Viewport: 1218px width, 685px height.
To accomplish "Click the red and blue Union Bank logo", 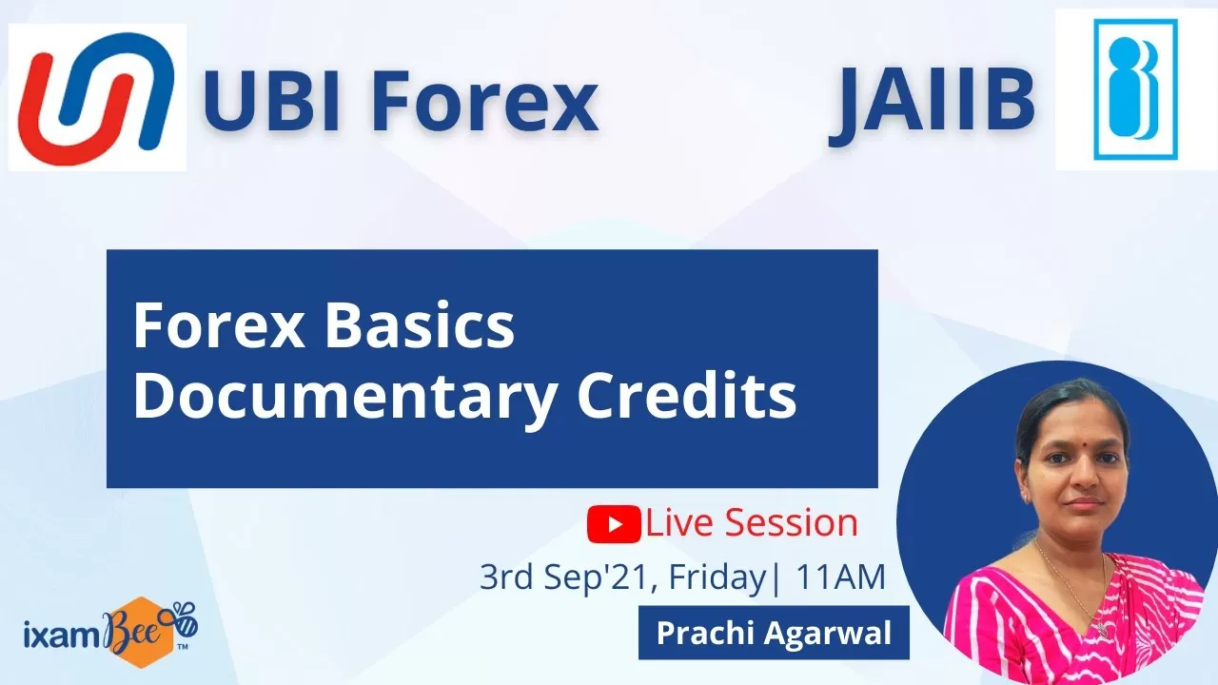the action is click(96, 98).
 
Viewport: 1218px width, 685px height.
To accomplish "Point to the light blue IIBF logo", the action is click(1135, 89).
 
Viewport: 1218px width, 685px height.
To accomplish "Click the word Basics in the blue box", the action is click(420, 325).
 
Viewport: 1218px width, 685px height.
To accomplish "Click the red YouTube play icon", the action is click(614, 524).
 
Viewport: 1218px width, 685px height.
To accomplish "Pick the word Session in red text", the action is click(791, 522).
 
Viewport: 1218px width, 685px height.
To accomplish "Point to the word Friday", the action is click(717, 578).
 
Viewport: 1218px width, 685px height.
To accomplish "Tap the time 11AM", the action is click(840, 577).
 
